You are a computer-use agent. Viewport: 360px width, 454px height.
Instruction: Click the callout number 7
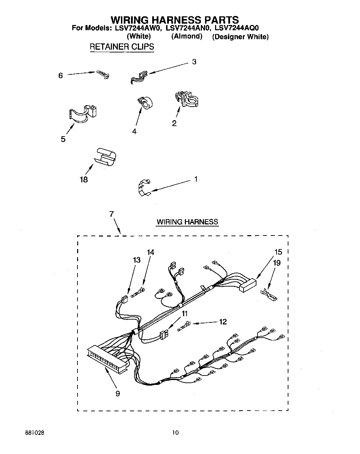[112, 214]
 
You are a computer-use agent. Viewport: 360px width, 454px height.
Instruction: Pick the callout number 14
[150, 253]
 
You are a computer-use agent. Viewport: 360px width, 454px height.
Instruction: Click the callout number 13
[137, 260]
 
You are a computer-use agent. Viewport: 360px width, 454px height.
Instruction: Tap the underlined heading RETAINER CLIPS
[122, 47]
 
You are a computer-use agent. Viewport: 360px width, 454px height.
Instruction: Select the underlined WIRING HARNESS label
[187, 222]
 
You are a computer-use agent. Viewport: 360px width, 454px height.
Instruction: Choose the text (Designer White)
[240, 37]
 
